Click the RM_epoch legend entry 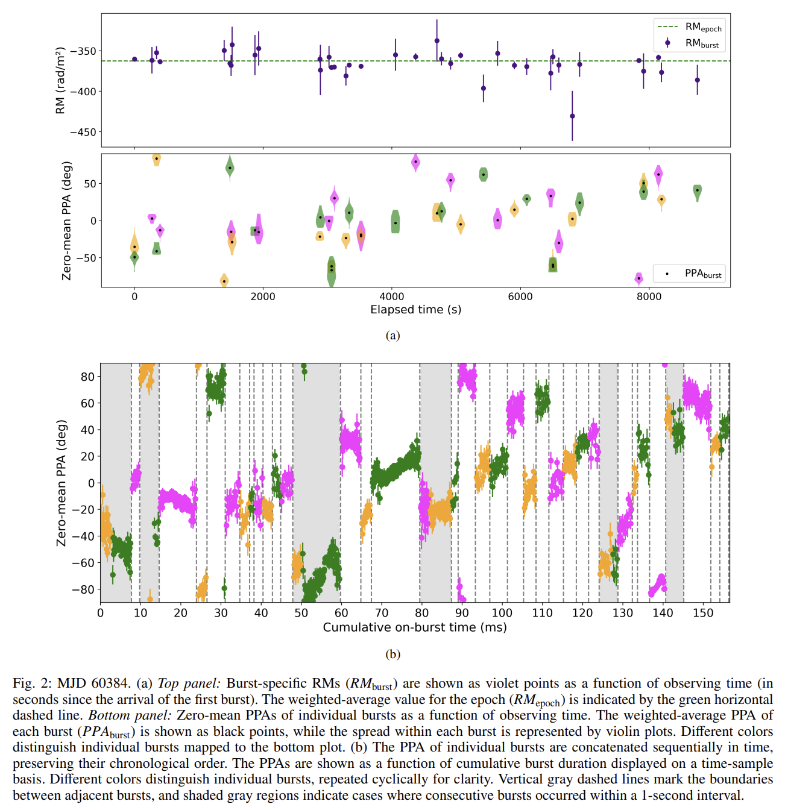click(689, 28)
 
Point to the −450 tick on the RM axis click(83, 133)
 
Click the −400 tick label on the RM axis click(83, 92)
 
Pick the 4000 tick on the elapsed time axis click(391, 297)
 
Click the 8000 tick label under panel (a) click(649, 297)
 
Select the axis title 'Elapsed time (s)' click(415, 310)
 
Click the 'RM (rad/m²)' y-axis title click(60, 80)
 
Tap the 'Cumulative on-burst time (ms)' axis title click(415, 627)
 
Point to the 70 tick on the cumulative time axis click(382, 613)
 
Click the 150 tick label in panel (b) click(703, 613)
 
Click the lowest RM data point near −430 click(572, 116)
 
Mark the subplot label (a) click(392, 336)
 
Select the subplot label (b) click(392, 654)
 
